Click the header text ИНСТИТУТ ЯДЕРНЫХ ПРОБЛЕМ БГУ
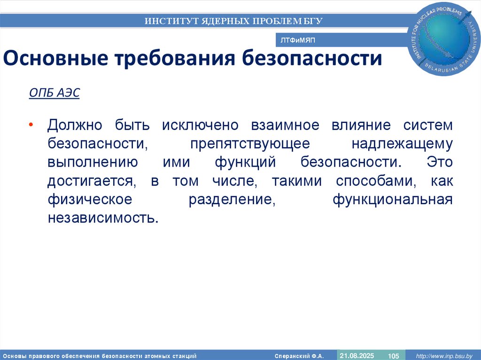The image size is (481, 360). [x=233, y=21]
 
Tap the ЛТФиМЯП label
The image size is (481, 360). [x=298, y=41]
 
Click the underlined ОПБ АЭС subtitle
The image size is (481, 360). [x=54, y=93]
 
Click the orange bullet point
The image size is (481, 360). [x=31, y=126]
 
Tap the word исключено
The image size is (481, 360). [x=201, y=126]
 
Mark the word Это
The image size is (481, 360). [x=439, y=163]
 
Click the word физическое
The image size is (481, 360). [x=89, y=199]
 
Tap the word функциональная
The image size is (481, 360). [x=393, y=199]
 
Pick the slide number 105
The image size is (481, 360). [x=393, y=356]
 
